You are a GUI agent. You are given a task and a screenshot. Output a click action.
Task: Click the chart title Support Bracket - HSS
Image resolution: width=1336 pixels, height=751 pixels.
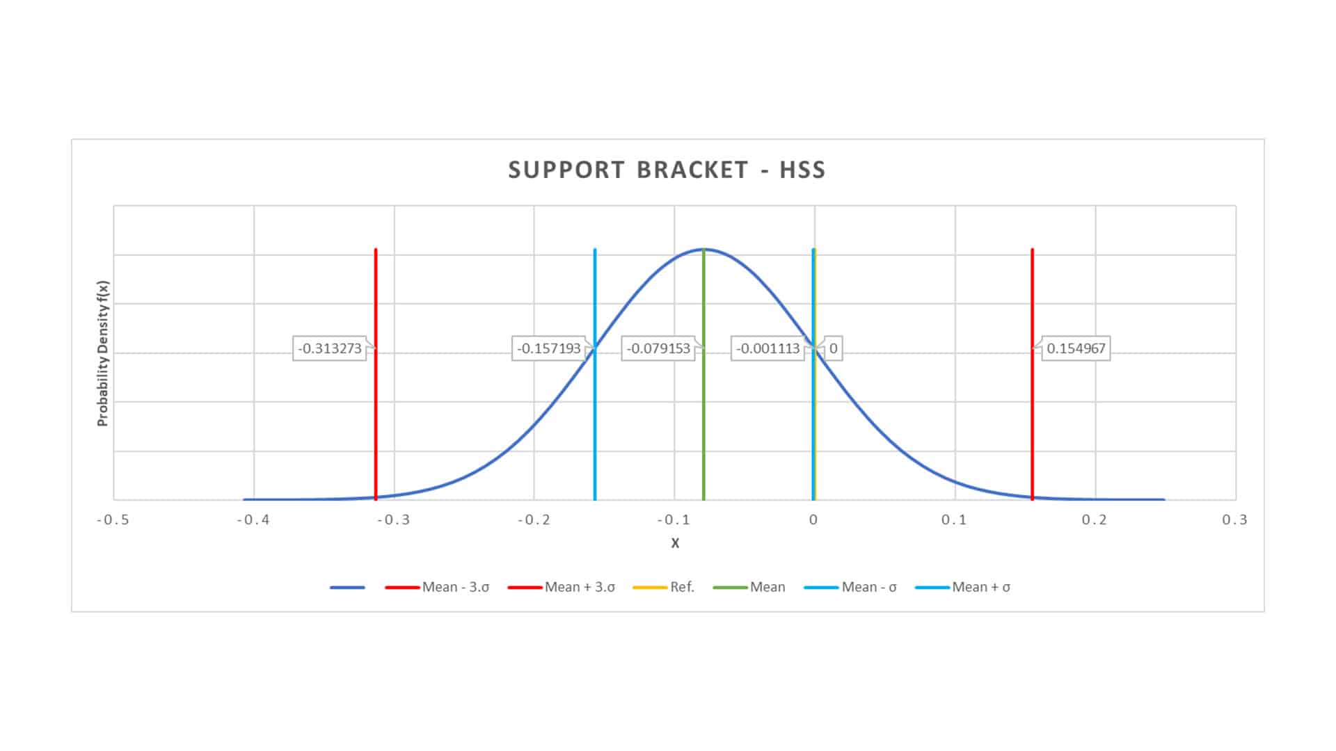(x=667, y=170)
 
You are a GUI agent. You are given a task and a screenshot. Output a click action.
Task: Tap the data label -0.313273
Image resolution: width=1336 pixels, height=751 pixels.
(x=330, y=348)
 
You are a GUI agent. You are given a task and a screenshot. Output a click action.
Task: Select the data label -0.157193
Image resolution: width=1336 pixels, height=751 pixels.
(x=549, y=348)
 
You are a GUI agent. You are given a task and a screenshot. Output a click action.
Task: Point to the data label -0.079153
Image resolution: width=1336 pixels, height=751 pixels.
(x=658, y=348)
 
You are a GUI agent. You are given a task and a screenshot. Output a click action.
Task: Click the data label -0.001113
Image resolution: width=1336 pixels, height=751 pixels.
(x=768, y=348)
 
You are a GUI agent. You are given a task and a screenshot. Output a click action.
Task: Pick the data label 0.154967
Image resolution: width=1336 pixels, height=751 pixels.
(x=1076, y=348)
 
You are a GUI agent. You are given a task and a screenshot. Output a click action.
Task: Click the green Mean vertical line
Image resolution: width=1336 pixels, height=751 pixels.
(x=703, y=431)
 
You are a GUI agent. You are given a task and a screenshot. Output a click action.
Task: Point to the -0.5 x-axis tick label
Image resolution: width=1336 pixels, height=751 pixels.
(x=113, y=520)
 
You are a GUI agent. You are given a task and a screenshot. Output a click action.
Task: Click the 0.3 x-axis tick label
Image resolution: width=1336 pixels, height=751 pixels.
(x=1234, y=520)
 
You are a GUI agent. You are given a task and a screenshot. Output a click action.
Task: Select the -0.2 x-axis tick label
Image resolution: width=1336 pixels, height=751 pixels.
(x=534, y=520)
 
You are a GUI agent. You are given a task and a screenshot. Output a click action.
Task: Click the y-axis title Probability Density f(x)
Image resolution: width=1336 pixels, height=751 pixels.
(x=103, y=353)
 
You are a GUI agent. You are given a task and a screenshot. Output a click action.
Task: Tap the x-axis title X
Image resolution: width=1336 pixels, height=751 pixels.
(x=675, y=543)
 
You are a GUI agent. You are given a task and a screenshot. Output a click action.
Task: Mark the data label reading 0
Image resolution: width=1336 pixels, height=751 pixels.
(x=833, y=348)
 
